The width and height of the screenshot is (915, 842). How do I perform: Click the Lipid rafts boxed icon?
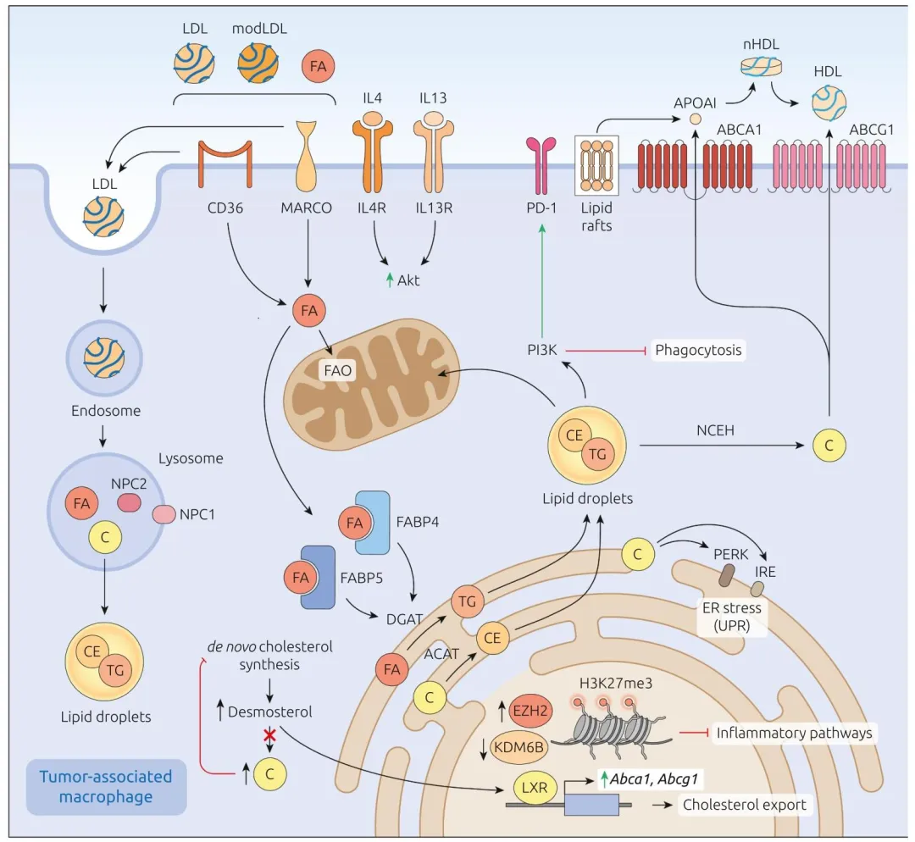tap(597, 166)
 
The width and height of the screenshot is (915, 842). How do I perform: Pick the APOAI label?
tap(696, 103)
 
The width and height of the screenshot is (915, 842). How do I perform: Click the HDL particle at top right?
tap(828, 104)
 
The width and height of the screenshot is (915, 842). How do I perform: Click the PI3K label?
tap(541, 349)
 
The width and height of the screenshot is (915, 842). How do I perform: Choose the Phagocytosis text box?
tap(699, 349)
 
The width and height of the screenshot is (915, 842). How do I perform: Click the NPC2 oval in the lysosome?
tap(129, 502)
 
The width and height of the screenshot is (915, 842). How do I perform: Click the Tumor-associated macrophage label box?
tap(106, 786)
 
